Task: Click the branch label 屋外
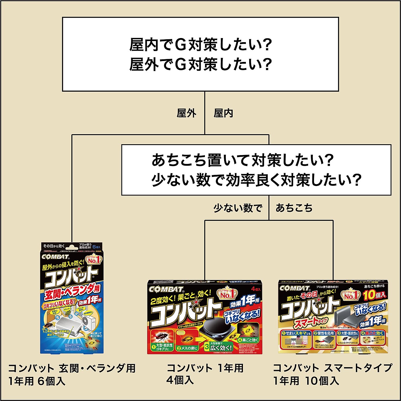[x=186, y=113]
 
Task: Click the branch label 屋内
[x=223, y=113]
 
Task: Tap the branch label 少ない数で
[x=238, y=208]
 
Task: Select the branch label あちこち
[x=294, y=208]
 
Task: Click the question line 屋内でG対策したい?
[x=200, y=45]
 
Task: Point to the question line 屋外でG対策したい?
[x=200, y=64]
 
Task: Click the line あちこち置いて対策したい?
[x=242, y=160]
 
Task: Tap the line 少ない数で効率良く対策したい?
[x=256, y=180]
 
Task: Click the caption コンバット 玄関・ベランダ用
[x=72, y=368]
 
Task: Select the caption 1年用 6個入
[x=37, y=381]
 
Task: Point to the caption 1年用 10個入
[x=306, y=381]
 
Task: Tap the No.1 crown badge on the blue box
[x=93, y=260]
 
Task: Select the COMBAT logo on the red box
[x=166, y=289]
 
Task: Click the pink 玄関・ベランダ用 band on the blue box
[x=73, y=292]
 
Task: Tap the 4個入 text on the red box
[x=256, y=289]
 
